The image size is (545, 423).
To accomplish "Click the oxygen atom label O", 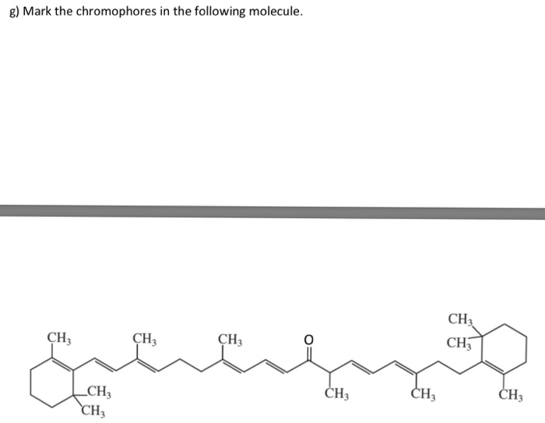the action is (308, 339).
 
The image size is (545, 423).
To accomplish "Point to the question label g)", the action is (12, 13).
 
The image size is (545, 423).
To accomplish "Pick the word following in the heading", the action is (214, 13).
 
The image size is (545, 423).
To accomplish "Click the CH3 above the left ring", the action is (59, 339).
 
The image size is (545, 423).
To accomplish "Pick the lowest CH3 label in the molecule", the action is (94, 411).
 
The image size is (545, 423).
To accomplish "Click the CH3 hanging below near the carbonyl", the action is (336, 394).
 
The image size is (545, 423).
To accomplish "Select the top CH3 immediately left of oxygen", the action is (230, 339).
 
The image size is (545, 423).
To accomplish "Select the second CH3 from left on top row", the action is (145, 339).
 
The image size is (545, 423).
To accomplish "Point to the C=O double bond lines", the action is (308, 352).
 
